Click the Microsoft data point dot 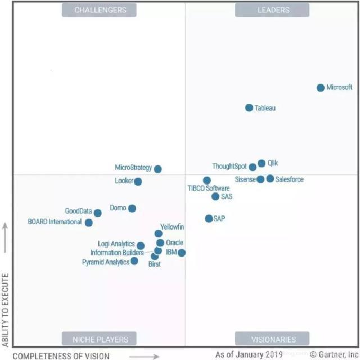[x=321, y=88]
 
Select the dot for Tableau [x=249, y=107]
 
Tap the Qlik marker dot [x=262, y=164]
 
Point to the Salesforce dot [x=271, y=179]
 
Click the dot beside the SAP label [x=209, y=218]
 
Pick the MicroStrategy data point [x=158, y=169]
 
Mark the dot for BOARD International [x=89, y=222]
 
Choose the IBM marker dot [x=182, y=253]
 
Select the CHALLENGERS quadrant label [x=100, y=10]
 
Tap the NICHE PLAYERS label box [x=100, y=339]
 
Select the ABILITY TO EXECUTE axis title [x=6, y=309]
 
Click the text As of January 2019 [x=249, y=355]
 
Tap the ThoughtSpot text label [x=229, y=166]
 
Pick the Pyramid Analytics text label [x=106, y=262]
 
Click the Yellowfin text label [x=172, y=227]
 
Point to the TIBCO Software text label [x=209, y=188]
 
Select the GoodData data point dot [x=98, y=213]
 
